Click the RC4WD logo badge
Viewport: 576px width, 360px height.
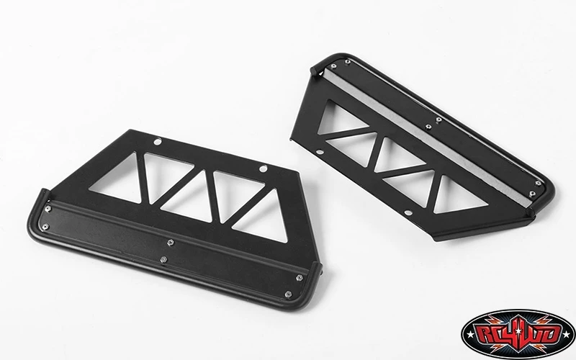tap(518, 334)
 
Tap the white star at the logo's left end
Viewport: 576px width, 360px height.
tap(470, 335)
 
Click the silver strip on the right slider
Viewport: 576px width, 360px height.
tap(426, 137)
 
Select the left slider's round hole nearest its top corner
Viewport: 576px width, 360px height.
tap(158, 141)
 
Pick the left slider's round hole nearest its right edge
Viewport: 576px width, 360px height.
tap(263, 168)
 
